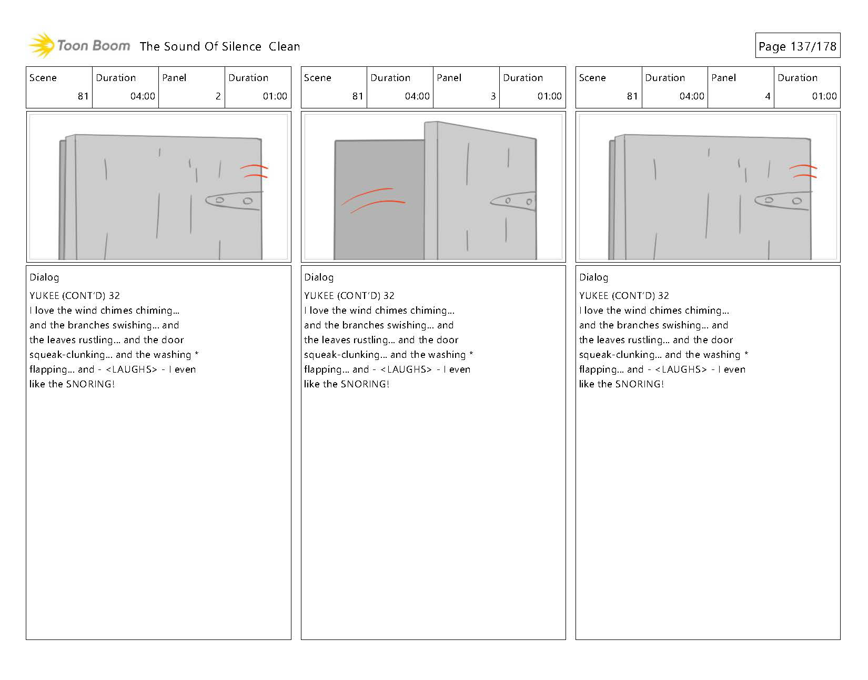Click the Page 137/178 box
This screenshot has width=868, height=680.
(x=798, y=45)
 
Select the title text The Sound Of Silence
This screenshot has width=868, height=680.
(x=200, y=46)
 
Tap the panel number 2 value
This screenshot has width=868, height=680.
(x=218, y=96)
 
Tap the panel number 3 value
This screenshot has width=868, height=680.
(x=493, y=96)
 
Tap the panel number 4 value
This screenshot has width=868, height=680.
(x=768, y=96)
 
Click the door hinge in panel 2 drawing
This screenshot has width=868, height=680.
(x=234, y=201)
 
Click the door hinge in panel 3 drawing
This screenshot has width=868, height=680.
(x=513, y=201)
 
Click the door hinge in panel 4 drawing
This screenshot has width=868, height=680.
(x=783, y=201)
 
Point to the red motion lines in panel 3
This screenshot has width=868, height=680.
(x=373, y=200)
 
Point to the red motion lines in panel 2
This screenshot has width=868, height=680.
(x=254, y=171)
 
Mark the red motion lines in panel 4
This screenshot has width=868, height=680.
(x=803, y=171)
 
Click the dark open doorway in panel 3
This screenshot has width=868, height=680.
(x=379, y=200)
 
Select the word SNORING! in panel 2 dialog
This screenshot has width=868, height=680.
(x=90, y=384)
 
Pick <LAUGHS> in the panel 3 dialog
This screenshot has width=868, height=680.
(x=406, y=369)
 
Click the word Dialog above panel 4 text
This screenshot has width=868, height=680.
(x=593, y=277)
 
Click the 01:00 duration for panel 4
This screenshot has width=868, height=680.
(x=824, y=96)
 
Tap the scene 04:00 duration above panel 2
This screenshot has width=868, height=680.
(x=143, y=96)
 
